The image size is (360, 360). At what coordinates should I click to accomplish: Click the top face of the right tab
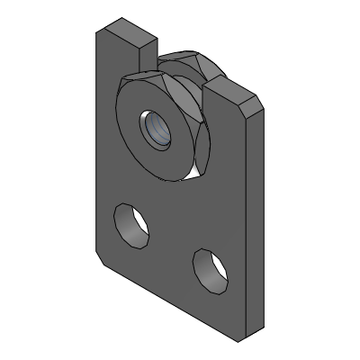236,89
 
